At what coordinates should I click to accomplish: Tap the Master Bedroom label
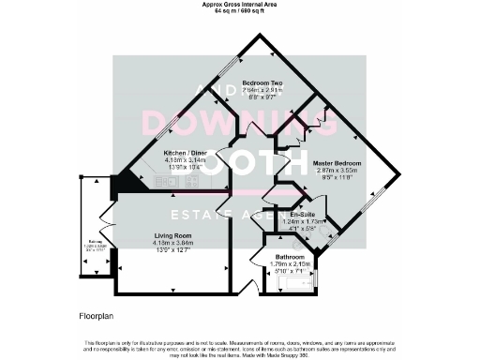click(337, 162)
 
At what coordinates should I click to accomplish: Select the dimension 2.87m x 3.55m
click(337, 170)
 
